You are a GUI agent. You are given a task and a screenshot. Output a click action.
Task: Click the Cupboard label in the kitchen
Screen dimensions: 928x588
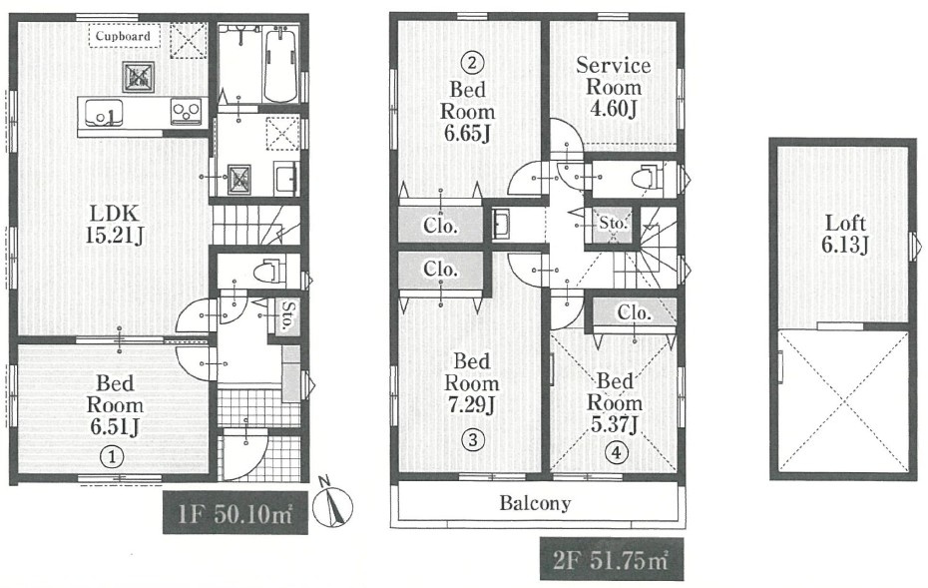(x=123, y=36)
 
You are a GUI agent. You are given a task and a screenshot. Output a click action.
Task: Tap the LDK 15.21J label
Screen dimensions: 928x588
(x=114, y=225)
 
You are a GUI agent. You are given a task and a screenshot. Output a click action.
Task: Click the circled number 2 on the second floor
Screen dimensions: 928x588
(x=472, y=63)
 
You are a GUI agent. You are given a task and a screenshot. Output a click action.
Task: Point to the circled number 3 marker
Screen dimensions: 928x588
(x=472, y=439)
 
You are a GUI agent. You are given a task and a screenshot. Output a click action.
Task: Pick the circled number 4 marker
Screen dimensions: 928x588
(x=616, y=453)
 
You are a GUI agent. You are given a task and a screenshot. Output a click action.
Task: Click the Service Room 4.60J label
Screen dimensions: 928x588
(x=613, y=87)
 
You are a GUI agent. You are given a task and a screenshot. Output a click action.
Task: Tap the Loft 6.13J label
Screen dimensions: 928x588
(x=845, y=234)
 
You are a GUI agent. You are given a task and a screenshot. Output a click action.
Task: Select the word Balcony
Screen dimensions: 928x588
(x=535, y=503)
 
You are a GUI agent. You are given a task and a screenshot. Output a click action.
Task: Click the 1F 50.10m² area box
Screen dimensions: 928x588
(x=235, y=513)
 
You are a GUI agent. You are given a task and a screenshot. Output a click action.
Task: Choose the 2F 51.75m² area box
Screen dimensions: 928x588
(x=612, y=560)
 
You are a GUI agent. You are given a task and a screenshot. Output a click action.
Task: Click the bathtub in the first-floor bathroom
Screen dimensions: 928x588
(x=281, y=65)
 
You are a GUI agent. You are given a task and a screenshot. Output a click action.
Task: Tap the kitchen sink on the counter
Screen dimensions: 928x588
(x=104, y=113)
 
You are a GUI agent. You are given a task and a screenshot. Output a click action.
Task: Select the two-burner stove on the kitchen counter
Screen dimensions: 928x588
(x=186, y=112)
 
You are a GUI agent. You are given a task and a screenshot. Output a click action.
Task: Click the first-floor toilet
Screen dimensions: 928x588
(x=268, y=273)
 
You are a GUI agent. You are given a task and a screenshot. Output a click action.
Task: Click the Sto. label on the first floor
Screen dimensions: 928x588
(x=287, y=316)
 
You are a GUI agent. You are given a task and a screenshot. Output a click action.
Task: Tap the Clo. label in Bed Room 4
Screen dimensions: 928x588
(x=634, y=311)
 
